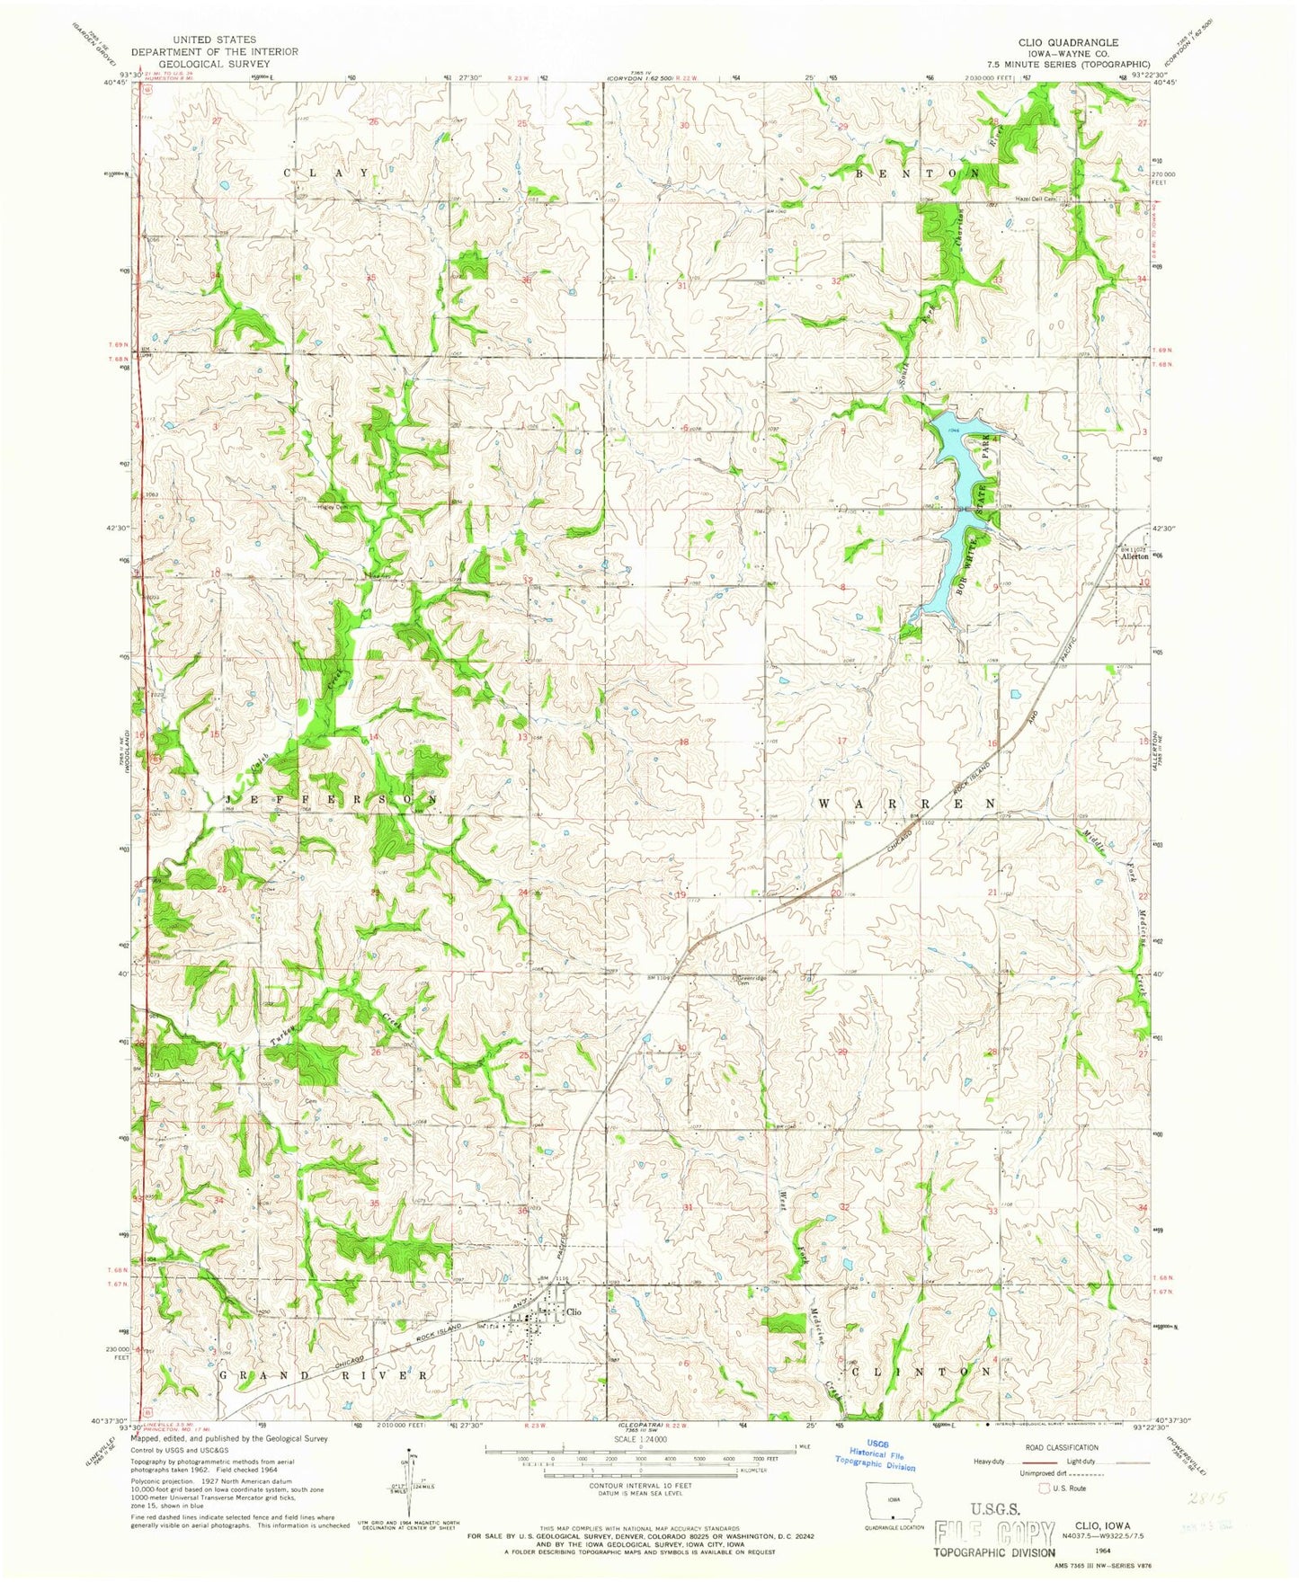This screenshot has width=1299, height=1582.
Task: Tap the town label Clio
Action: point(574,1311)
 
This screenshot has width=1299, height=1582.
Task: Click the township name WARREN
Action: point(906,803)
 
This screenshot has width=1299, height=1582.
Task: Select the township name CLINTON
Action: point(921,1372)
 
